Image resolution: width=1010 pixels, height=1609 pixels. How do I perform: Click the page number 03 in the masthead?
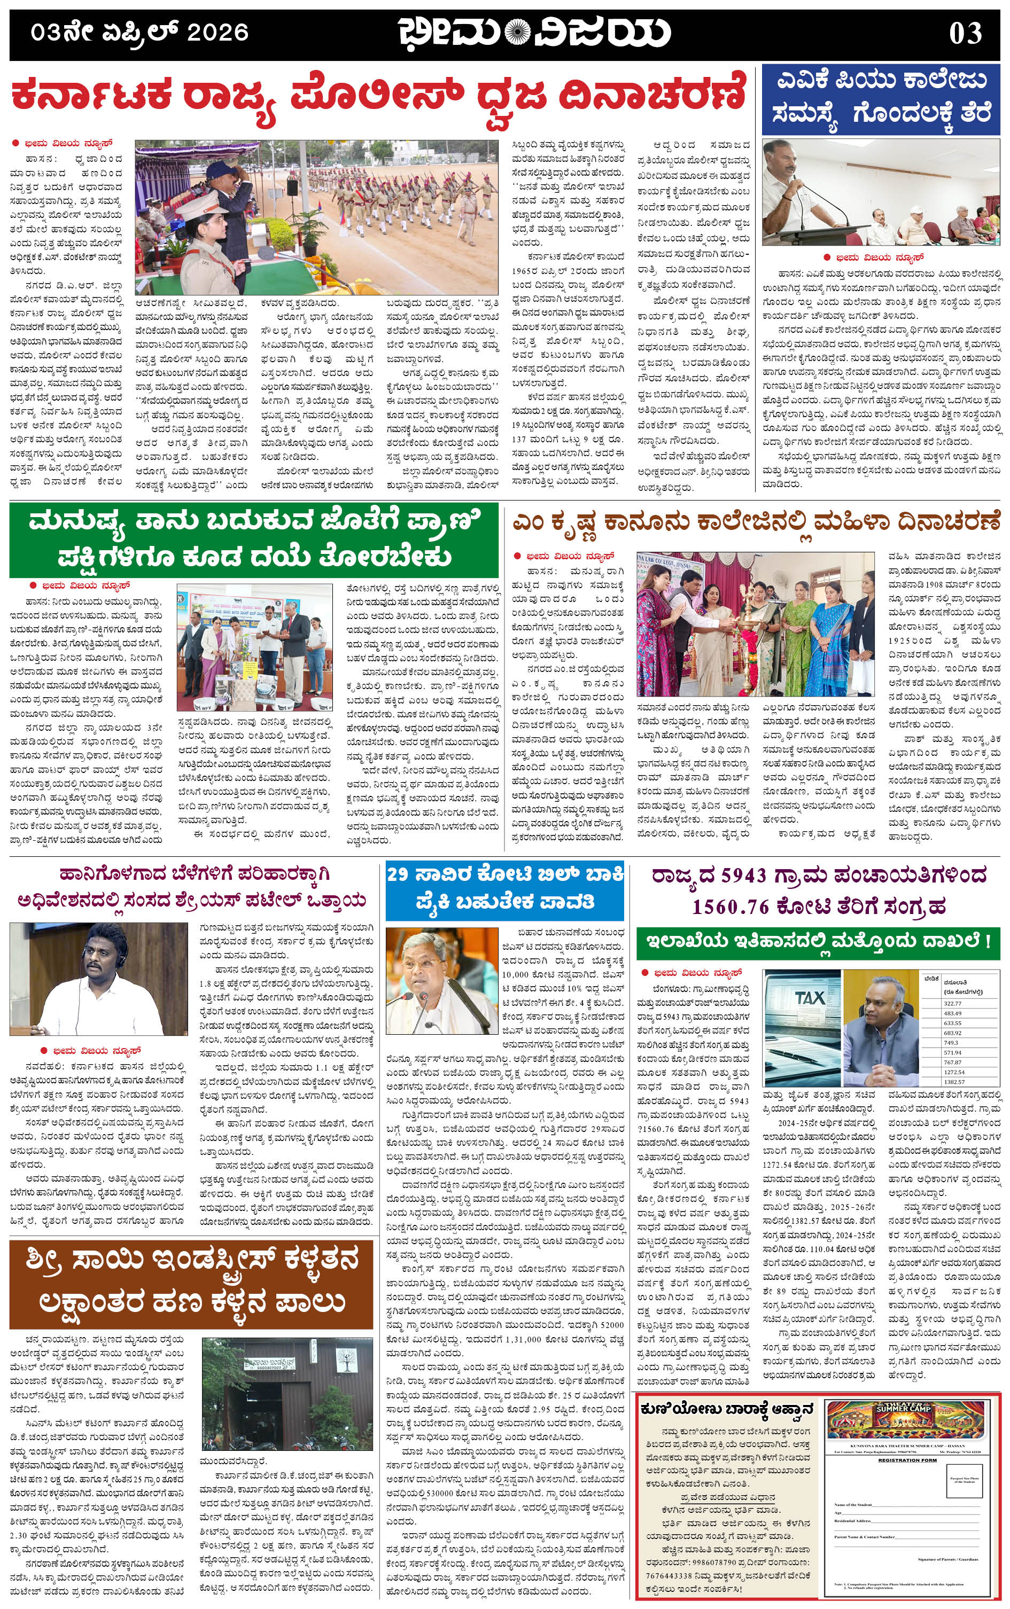[965, 33]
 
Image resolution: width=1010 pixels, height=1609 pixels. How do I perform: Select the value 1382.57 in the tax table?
[954, 1082]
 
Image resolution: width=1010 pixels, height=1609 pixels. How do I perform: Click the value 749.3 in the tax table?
[951, 1042]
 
